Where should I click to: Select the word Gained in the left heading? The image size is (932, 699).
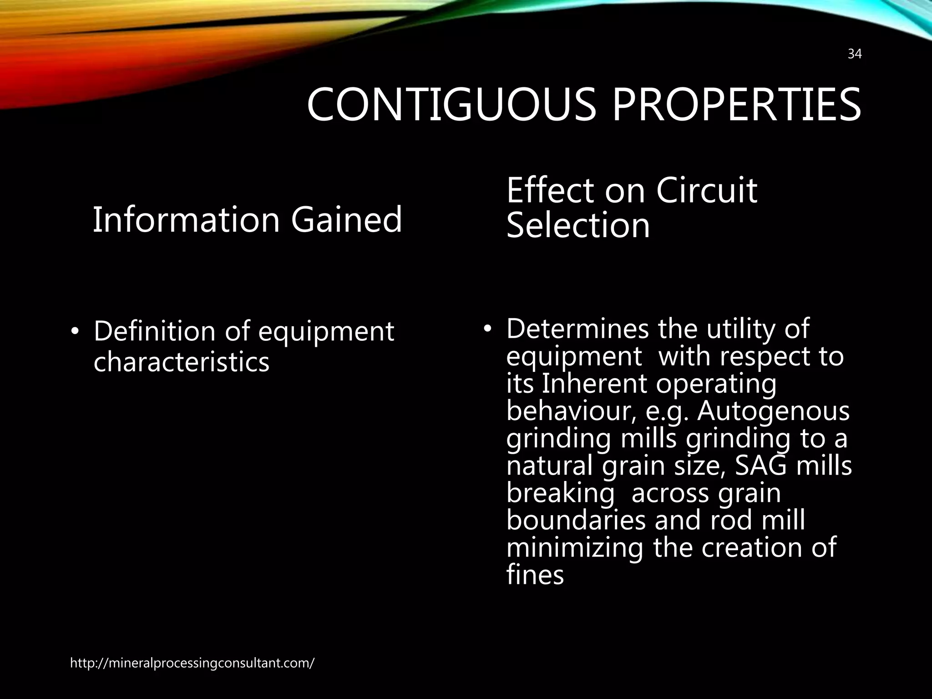(346, 220)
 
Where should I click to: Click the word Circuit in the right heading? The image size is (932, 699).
(706, 190)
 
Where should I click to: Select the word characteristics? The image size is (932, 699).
(181, 363)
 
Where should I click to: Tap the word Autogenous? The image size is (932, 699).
(773, 411)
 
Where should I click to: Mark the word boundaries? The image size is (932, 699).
(576, 520)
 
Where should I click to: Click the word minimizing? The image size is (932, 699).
(575, 547)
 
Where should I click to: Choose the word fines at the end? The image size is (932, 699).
(535, 575)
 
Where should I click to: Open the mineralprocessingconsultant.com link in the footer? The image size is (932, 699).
(192, 663)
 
